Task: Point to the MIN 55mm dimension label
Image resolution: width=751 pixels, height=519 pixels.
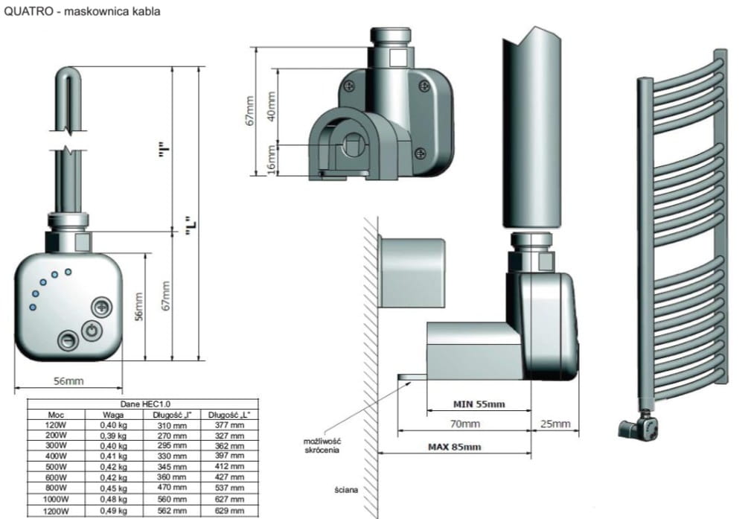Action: tap(479, 404)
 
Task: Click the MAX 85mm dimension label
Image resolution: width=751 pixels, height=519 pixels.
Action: tap(454, 447)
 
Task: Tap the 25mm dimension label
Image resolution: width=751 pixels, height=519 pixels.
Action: tap(555, 424)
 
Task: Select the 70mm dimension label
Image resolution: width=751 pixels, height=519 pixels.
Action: tap(464, 424)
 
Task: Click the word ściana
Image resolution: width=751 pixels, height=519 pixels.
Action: tap(347, 490)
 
